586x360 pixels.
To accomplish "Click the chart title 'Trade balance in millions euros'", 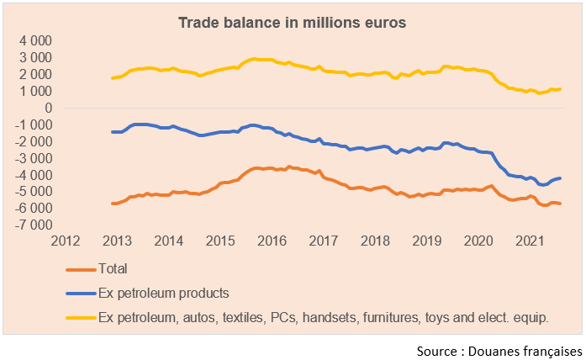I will pos(293,23).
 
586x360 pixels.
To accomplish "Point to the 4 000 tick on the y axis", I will pos(35,41).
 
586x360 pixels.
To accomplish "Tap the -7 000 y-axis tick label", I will pos(34,225).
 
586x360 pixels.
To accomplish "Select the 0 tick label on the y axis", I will pos(49,109).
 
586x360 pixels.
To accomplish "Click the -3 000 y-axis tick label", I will pos(34,158).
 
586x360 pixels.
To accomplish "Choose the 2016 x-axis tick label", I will pos(272,241).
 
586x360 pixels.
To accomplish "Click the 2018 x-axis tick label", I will pos(376,241).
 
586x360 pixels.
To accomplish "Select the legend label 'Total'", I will pos(114,269).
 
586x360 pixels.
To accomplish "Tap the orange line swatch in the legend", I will pos(80,270).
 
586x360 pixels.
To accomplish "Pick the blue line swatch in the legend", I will pos(80,294).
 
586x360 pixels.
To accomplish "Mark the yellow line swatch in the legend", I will pos(80,317).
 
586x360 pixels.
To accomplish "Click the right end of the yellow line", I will pos(560,88).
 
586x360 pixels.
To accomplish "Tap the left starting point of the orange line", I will pos(113,204).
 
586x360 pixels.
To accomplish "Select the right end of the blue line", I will pos(560,178).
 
